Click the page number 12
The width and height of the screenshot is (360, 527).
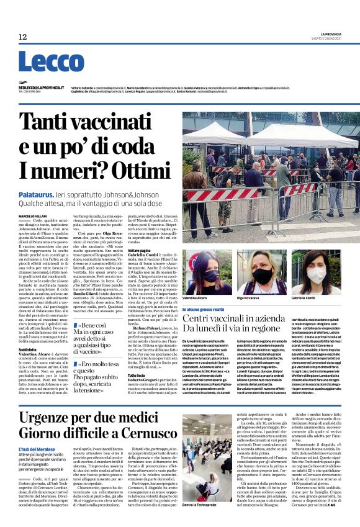point(23,37)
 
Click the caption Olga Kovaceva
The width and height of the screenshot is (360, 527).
point(250,299)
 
